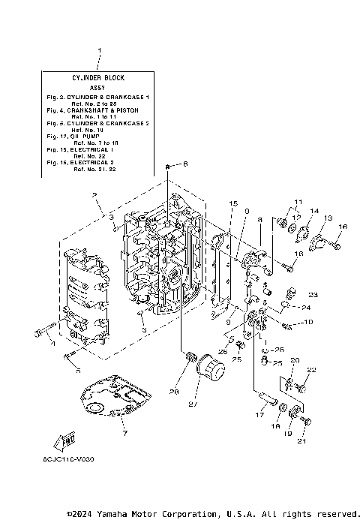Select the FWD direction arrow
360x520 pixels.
(68, 444)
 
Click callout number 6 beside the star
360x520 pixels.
(186, 164)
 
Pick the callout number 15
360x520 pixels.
(233, 203)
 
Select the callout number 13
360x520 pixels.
(328, 217)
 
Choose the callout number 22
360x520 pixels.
(311, 370)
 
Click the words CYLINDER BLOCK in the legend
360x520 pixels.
(98, 77)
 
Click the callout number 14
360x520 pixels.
(314, 211)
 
